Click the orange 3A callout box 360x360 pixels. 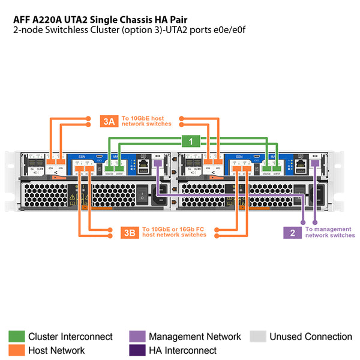pos(109,121)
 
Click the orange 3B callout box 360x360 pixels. pos(128,232)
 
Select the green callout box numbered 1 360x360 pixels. pos(191,141)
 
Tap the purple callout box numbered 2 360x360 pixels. pos(292,232)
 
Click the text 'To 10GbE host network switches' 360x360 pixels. pos(146,121)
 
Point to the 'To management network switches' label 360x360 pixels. pos(329,232)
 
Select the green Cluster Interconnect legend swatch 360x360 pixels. pos(16,337)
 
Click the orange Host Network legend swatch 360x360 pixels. pos(16,350)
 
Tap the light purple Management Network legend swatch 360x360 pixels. pos(137,337)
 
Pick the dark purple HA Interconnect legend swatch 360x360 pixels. pos(137,350)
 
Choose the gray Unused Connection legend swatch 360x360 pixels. pos(257,337)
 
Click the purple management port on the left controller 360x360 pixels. pos(157,163)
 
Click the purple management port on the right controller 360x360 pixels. pos(315,163)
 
